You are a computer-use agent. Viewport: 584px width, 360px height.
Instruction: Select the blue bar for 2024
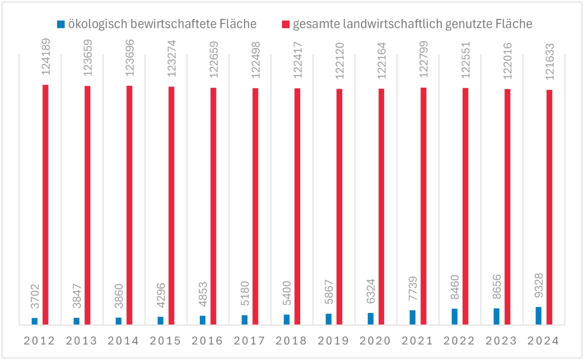pyautogui.click(x=538, y=316)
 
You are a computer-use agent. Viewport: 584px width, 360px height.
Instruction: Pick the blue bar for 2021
pyautogui.click(x=412, y=317)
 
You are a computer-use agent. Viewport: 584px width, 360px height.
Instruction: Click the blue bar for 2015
pyautogui.click(x=161, y=320)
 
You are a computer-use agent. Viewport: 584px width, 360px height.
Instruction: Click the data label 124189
pyautogui.click(x=46, y=64)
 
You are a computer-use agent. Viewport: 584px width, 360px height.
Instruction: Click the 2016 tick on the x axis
pyautogui.click(x=208, y=341)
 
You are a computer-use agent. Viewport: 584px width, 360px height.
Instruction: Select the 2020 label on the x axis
pyautogui.click(x=376, y=341)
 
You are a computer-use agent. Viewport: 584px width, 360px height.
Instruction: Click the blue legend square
pyautogui.click(x=60, y=24)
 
